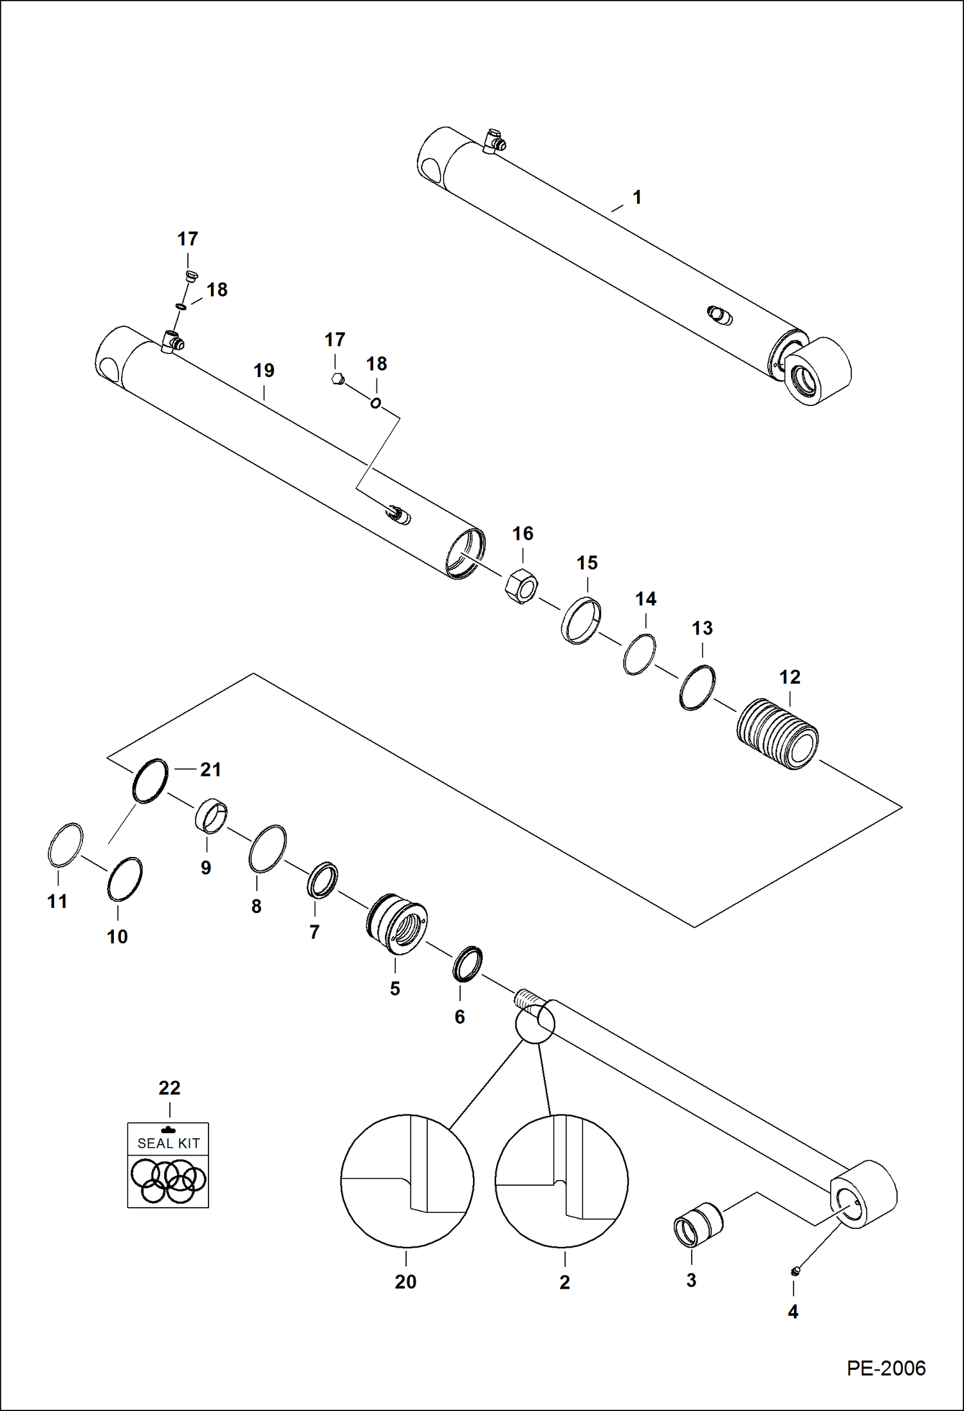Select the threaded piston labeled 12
click(777, 733)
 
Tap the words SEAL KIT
click(169, 1143)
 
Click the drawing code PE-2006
click(885, 1368)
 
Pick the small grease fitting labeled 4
click(795, 1271)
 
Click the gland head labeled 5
click(397, 923)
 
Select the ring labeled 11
click(66, 844)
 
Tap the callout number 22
click(169, 1088)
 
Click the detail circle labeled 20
click(407, 1181)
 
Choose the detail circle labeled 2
click(561, 1181)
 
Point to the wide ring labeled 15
click(581, 620)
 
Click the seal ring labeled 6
click(467, 963)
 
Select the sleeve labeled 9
click(211, 816)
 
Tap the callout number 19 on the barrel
click(264, 371)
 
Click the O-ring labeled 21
click(150, 780)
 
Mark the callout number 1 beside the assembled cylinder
click(636, 197)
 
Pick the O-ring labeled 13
click(697, 687)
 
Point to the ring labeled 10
click(124, 880)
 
